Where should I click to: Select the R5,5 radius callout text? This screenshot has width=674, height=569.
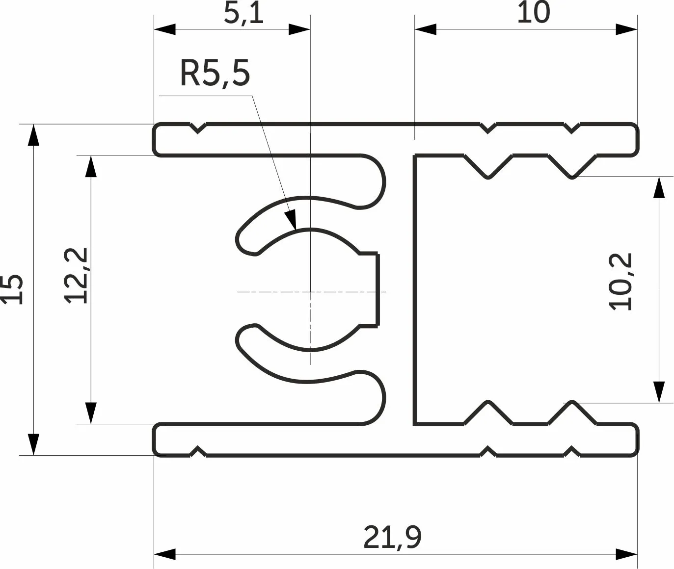point(215,73)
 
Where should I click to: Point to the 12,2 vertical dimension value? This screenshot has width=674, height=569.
point(76,276)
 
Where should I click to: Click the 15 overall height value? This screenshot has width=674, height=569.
point(12,290)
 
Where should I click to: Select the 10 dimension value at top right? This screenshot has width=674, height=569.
point(534,12)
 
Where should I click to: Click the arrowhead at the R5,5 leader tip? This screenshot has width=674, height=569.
point(291,219)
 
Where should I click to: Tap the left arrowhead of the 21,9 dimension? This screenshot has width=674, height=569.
point(164,554)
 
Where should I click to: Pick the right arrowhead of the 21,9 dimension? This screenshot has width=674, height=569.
point(626,554)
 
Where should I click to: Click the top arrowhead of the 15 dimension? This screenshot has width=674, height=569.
point(33,135)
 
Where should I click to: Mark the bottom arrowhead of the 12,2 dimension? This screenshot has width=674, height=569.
point(91,413)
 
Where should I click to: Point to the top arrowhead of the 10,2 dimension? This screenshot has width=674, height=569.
point(659,187)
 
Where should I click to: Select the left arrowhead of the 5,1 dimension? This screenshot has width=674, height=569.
point(164,29)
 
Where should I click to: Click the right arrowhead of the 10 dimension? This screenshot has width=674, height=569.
point(626,29)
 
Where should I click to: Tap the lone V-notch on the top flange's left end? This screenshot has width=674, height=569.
point(197,128)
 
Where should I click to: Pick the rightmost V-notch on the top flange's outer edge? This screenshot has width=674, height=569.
point(572,128)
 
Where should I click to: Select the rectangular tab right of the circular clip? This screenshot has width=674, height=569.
point(369,290)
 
